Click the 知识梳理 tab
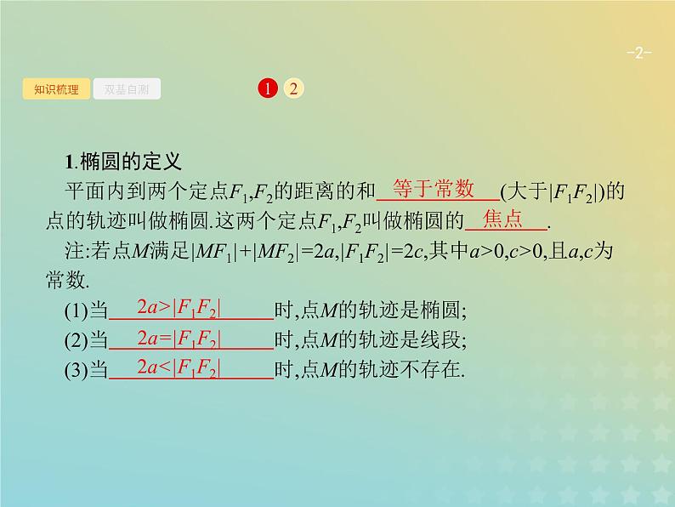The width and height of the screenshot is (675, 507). point(56,88)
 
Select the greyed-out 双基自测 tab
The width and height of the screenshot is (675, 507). point(127,88)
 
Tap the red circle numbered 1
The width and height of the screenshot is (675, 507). point(267,88)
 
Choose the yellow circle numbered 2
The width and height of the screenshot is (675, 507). point(293,88)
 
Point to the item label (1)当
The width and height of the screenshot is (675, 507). point(87,310)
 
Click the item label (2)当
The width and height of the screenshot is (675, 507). point(87,340)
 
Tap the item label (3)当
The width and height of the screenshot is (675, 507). point(87,369)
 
